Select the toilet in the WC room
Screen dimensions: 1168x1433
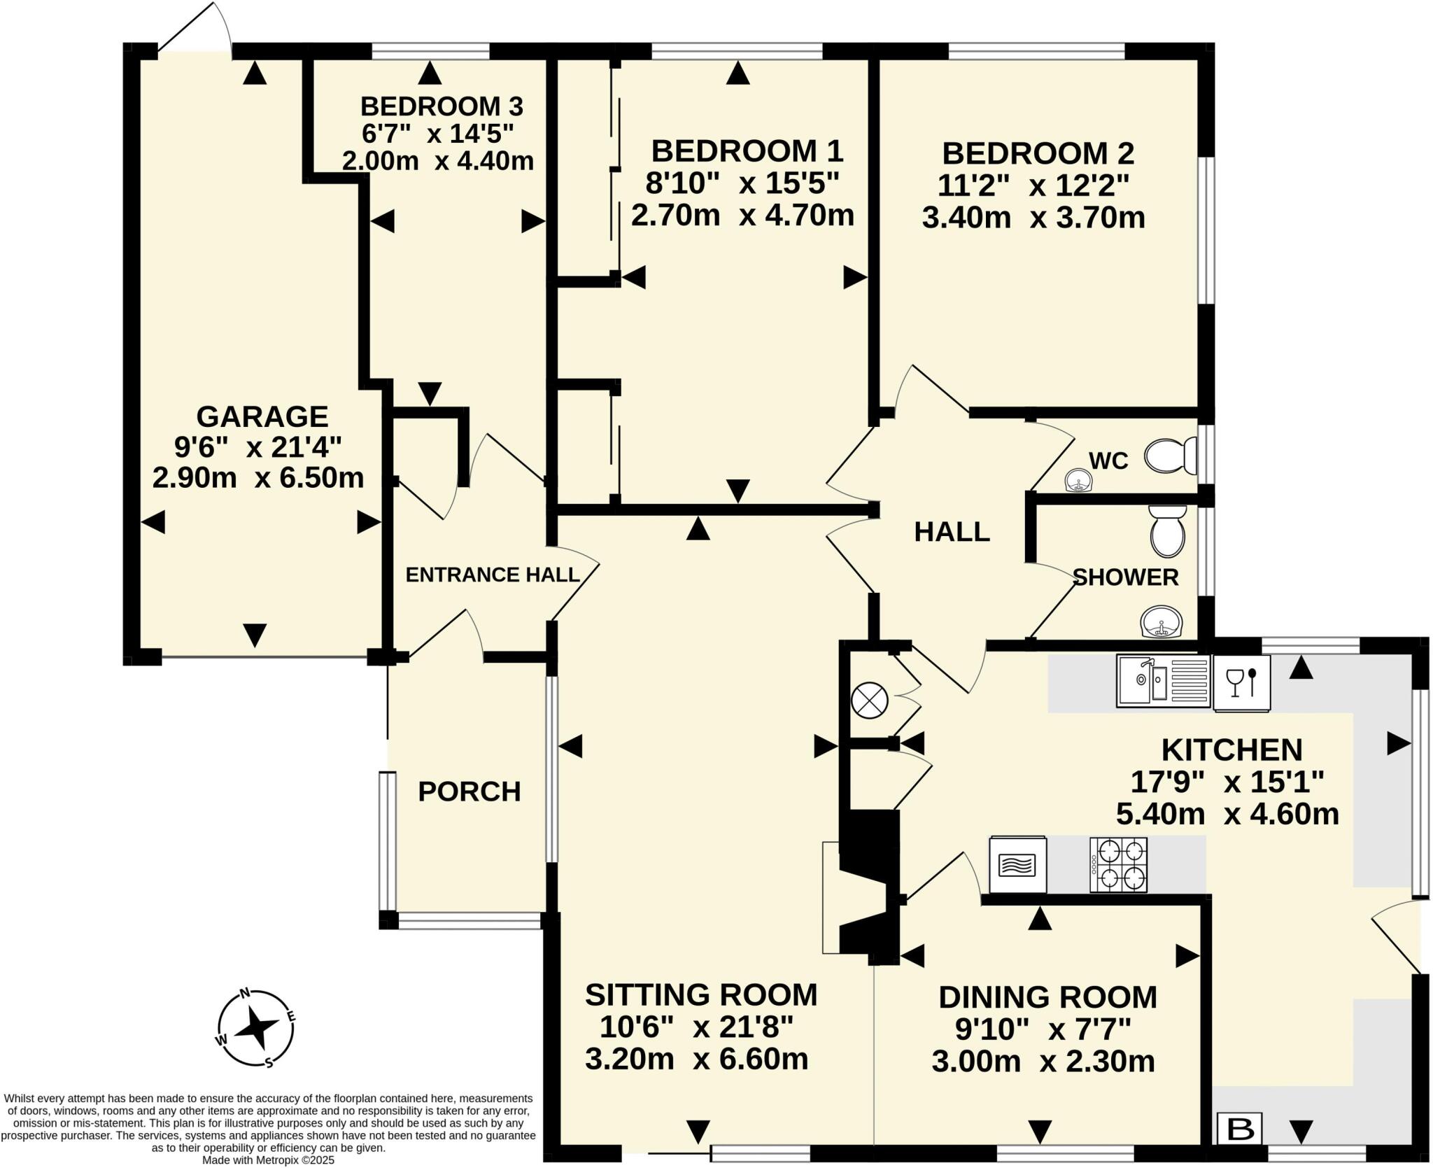pos(1171,456)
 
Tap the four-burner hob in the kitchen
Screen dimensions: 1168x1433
pos(1118,865)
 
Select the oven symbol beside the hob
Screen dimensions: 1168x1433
pos(1017,865)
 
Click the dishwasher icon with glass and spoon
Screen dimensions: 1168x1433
pos(1241,682)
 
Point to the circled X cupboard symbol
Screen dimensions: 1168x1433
pos(870,700)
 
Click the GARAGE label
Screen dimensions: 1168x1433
pos(262,416)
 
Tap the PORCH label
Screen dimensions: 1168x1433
pos(470,791)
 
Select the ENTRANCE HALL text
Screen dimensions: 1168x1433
pos(493,575)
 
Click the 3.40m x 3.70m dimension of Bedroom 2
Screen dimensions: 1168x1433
pos(1033,218)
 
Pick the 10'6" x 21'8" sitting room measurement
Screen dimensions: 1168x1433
pos(697,1027)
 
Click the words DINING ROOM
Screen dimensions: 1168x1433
pos(1047,997)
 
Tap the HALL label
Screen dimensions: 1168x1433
pos(952,532)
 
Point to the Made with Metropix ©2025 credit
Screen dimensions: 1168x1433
pos(269,1160)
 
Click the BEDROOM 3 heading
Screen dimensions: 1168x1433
pos(442,106)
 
